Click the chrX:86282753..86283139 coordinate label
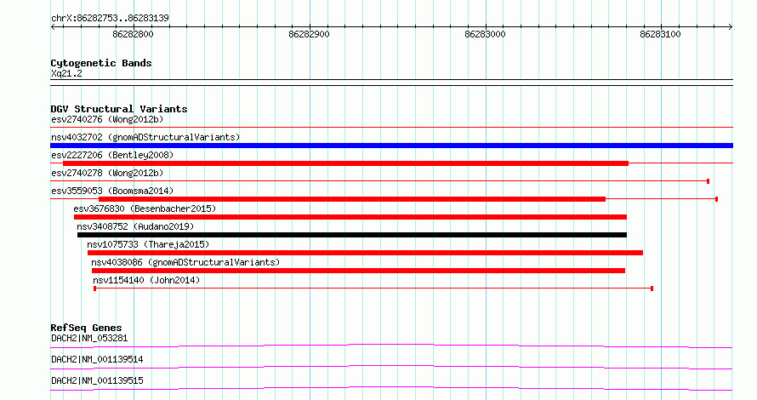pyautogui.click(x=110, y=19)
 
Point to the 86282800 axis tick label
pyautogui.click(x=133, y=34)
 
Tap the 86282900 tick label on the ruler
pyautogui.click(x=309, y=34)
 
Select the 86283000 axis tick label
pyautogui.click(x=485, y=34)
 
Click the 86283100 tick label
pyautogui.click(x=660, y=34)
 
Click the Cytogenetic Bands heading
pyautogui.click(x=101, y=63)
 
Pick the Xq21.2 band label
pyautogui.click(x=66, y=73)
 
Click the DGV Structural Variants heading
pyautogui.click(x=119, y=109)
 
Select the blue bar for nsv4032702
pyautogui.click(x=391, y=146)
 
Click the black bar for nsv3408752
pyautogui.click(x=352, y=235)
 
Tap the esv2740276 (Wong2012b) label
pyautogui.click(x=107, y=119)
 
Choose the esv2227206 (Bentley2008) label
pyautogui.click(x=112, y=155)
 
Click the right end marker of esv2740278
pyautogui.click(x=708, y=181)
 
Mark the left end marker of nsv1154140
pyautogui.click(x=94, y=289)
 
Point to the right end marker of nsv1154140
pyautogui.click(x=652, y=289)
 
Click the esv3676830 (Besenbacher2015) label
pyautogui.click(x=145, y=209)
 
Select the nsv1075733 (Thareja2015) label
pyautogui.click(x=148, y=244)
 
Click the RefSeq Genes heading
pyautogui.click(x=86, y=328)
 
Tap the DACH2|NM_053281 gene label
pyautogui.click(x=89, y=338)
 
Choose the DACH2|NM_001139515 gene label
pyautogui.click(x=97, y=380)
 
